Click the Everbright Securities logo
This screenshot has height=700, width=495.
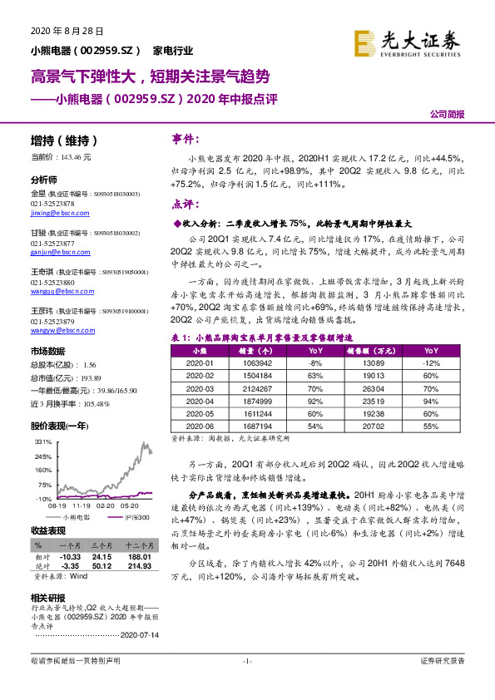pyautogui.click(x=407, y=42)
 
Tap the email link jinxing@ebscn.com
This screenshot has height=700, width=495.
pyautogui.click(x=54, y=213)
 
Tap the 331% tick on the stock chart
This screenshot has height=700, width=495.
pyautogui.click(x=41, y=443)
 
